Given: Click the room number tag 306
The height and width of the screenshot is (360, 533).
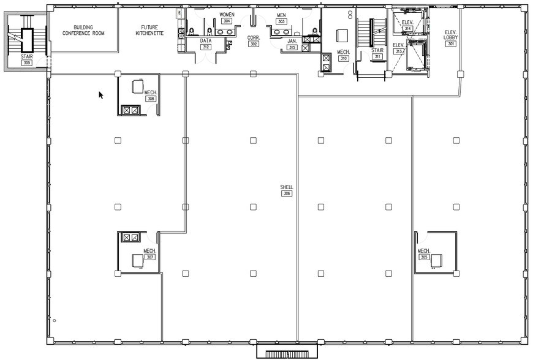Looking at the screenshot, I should [x=287, y=193].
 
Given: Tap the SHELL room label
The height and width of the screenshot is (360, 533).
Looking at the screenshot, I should [x=287, y=187].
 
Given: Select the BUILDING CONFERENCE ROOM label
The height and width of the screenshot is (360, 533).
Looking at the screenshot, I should [x=83, y=30].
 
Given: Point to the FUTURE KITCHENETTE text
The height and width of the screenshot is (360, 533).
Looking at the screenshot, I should [x=149, y=30].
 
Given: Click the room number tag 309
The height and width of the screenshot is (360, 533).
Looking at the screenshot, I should [x=26, y=62].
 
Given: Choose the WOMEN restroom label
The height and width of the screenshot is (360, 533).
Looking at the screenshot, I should [x=227, y=15].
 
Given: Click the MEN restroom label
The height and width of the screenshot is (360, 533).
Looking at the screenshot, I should [x=281, y=15].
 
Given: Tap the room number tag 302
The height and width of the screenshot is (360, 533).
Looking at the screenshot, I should [x=253, y=44].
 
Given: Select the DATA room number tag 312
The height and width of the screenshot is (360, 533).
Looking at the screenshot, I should [x=206, y=47].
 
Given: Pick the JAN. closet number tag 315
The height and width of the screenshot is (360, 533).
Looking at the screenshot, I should [x=292, y=47].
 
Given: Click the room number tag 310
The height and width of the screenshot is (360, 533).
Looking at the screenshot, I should [x=343, y=58].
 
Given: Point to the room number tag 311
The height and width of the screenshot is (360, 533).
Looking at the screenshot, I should [x=377, y=57].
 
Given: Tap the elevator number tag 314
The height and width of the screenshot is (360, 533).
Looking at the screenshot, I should [x=407, y=28].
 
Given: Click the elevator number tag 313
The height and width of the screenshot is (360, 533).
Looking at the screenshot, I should [x=399, y=51].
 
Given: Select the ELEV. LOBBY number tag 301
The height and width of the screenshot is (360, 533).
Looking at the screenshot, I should [x=452, y=44].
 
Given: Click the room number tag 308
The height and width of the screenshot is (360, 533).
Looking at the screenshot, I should [x=151, y=98].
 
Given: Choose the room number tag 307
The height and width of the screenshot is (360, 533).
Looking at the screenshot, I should [x=150, y=257].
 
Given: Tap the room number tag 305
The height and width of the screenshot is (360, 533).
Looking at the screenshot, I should [x=424, y=257].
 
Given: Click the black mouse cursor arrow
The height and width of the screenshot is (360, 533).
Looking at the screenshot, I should [x=101, y=95].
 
